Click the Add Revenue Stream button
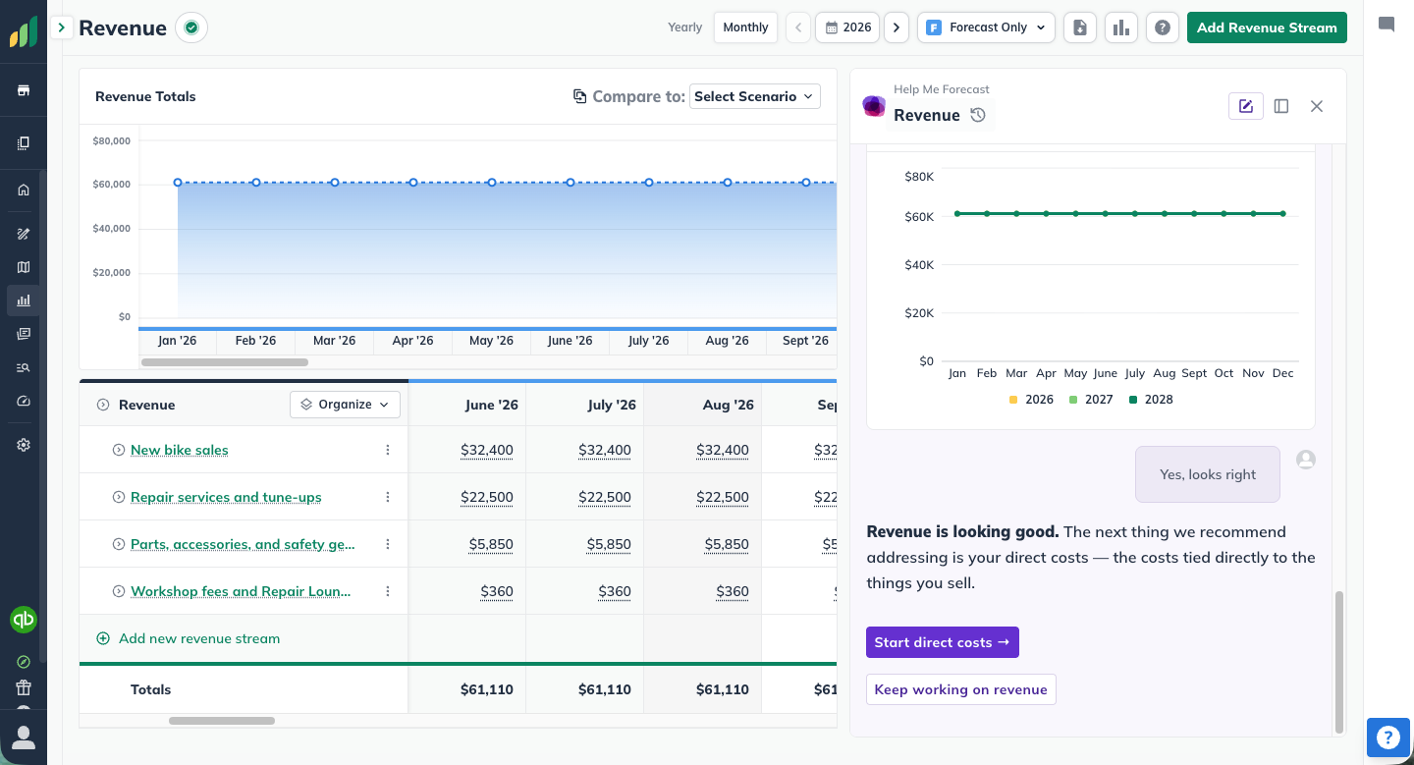click(1267, 27)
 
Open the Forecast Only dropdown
click(986, 27)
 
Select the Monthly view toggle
click(745, 27)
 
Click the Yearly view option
click(685, 27)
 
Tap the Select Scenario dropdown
click(755, 96)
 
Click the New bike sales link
click(180, 450)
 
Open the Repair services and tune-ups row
click(226, 497)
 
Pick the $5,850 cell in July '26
click(609, 544)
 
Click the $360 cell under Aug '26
click(733, 591)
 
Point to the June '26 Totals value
click(487, 689)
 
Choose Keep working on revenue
click(960, 689)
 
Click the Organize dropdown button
click(345, 405)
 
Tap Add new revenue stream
click(198, 638)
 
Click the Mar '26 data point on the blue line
click(335, 183)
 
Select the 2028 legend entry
click(1151, 400)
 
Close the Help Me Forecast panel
click(1316, 106)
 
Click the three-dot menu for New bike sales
click(388, 450)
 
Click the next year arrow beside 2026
click(897, 27)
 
